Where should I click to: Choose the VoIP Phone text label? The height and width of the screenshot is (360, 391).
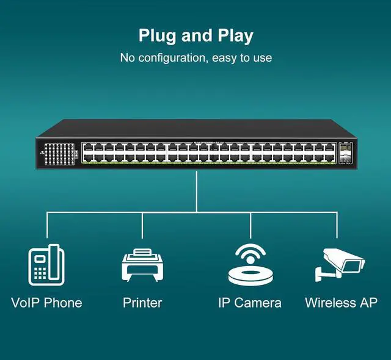point(46,303)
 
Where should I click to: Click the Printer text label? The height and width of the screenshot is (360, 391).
point(142,303)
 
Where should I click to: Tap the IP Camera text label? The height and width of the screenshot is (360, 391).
point(250,303)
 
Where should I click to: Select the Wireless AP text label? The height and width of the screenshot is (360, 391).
point(341,303)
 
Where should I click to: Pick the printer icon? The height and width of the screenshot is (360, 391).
point(142,265)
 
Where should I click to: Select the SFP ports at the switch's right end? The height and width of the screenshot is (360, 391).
point(345,153)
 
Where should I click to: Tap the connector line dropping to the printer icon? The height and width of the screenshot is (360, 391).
point(142,225)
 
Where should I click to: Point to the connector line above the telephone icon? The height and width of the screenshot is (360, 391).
point(46,225)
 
